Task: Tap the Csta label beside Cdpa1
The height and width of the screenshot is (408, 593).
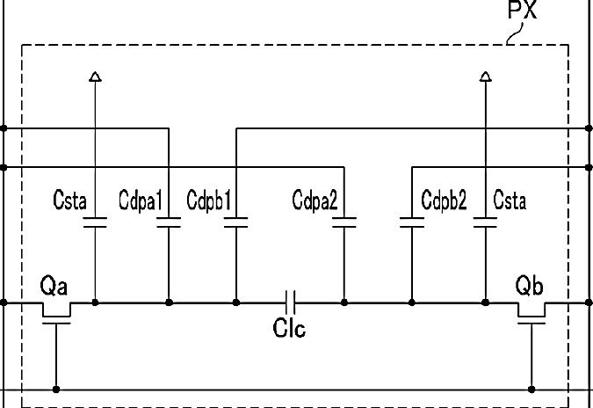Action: pyautogui.click(x=70, y=200)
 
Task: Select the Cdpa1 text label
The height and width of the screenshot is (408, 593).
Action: pyautogui.click(x=140, y=200)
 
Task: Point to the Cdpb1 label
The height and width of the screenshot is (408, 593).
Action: pyautogui.click(x=209, y=200)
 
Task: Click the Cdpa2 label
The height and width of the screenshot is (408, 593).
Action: pyautogui.click(x=315, y=200)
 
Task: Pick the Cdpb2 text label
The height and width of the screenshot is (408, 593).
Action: pyautogui.click(x=444, y=200)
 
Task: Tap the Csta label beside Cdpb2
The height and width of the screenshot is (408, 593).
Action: pyautogui.click(x=510, y=200)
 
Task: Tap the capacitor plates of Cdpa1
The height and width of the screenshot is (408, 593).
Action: pyautogui.click(x=167, y=223)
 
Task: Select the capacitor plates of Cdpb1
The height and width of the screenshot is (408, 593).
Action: pyautogui.click(x=235, y=223)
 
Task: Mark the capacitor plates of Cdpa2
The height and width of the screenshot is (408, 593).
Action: pyautogui.click(x=344, y=223)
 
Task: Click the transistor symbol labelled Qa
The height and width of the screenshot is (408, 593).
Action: pyautogui.click(x=56, y=311)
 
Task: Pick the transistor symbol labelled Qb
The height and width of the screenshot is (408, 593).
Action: pyautogui.click(x=531, y=311)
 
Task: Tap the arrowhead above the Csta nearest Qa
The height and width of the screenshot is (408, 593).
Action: pyautogui.click(x=95, y=78)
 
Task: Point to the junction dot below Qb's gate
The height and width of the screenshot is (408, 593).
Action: pyautogui.click(x=531, y=388)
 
